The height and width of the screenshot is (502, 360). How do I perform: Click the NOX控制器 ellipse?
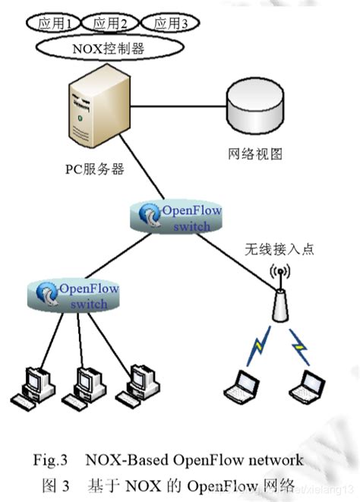pos(108,49)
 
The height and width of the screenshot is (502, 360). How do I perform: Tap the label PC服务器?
pos(94,169)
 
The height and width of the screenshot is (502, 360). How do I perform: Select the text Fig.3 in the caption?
pos(52,460)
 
